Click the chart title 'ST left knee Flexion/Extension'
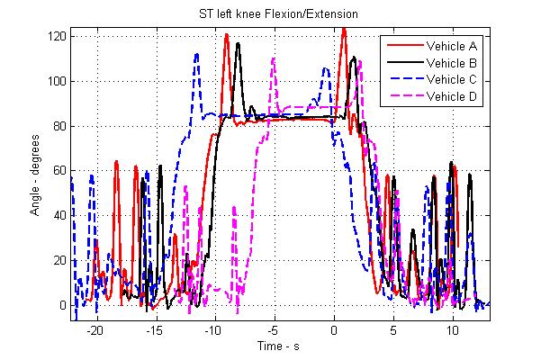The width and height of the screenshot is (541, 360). coord(270,13)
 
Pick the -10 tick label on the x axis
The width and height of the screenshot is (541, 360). coord(213,329)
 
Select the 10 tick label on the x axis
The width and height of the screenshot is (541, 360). coord(453,329)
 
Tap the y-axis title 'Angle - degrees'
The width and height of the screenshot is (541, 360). coord(32,171)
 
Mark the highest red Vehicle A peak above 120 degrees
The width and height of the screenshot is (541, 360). coord(344,28)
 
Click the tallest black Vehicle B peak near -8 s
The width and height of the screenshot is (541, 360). coord(239,42)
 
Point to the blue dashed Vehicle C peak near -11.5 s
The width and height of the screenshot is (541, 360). coord(197,53)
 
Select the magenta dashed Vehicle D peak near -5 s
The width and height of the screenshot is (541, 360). coord(273,59)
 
